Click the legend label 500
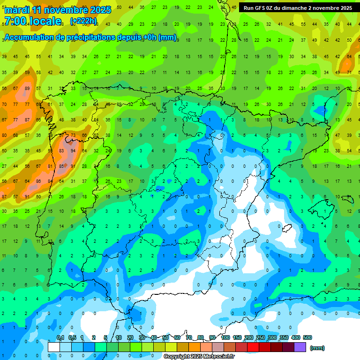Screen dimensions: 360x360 click(x=307, y=337)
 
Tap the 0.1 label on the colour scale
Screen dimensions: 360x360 click(x=60, y=337)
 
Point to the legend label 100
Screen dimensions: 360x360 click(x=225, y=337)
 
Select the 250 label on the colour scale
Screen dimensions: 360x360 click(x=261, y=337)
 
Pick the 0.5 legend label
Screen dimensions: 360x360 click(x=72, y=337)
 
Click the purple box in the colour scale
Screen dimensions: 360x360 click(x=300, y=347)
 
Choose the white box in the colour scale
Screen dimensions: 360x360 click(x=54, y=347)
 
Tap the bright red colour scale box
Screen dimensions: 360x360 click(x=253, y=347)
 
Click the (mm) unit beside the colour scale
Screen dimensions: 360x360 click(x=317, y=348)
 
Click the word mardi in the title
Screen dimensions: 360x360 click(x=17, y=10)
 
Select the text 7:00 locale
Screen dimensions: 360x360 click(x=33, y=21)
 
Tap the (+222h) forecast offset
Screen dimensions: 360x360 click(x=83, y=21)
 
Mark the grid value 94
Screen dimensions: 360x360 click(x=73, y=151)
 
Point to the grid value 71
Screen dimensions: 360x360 click(x=349, y=72)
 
